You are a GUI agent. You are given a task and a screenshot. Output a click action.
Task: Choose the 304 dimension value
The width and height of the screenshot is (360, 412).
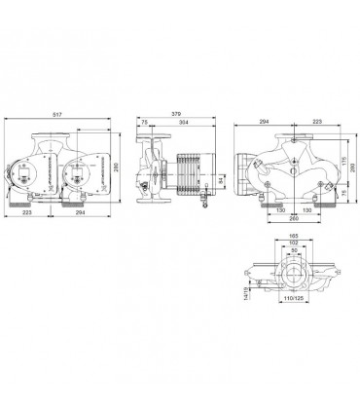[x=185, y=122]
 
